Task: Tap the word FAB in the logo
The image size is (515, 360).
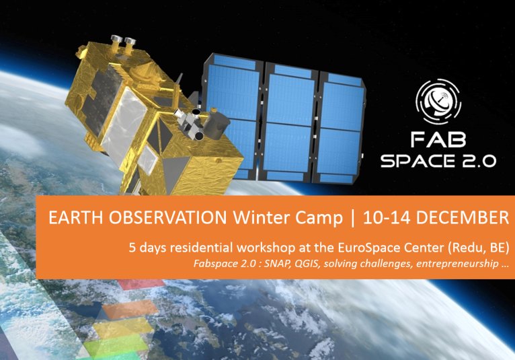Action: [x=438, y=140]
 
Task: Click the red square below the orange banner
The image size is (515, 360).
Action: [x=141, y=285]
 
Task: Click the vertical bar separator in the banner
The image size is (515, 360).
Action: [x=353, y=218]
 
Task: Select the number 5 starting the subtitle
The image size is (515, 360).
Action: [x=132, y=248]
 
